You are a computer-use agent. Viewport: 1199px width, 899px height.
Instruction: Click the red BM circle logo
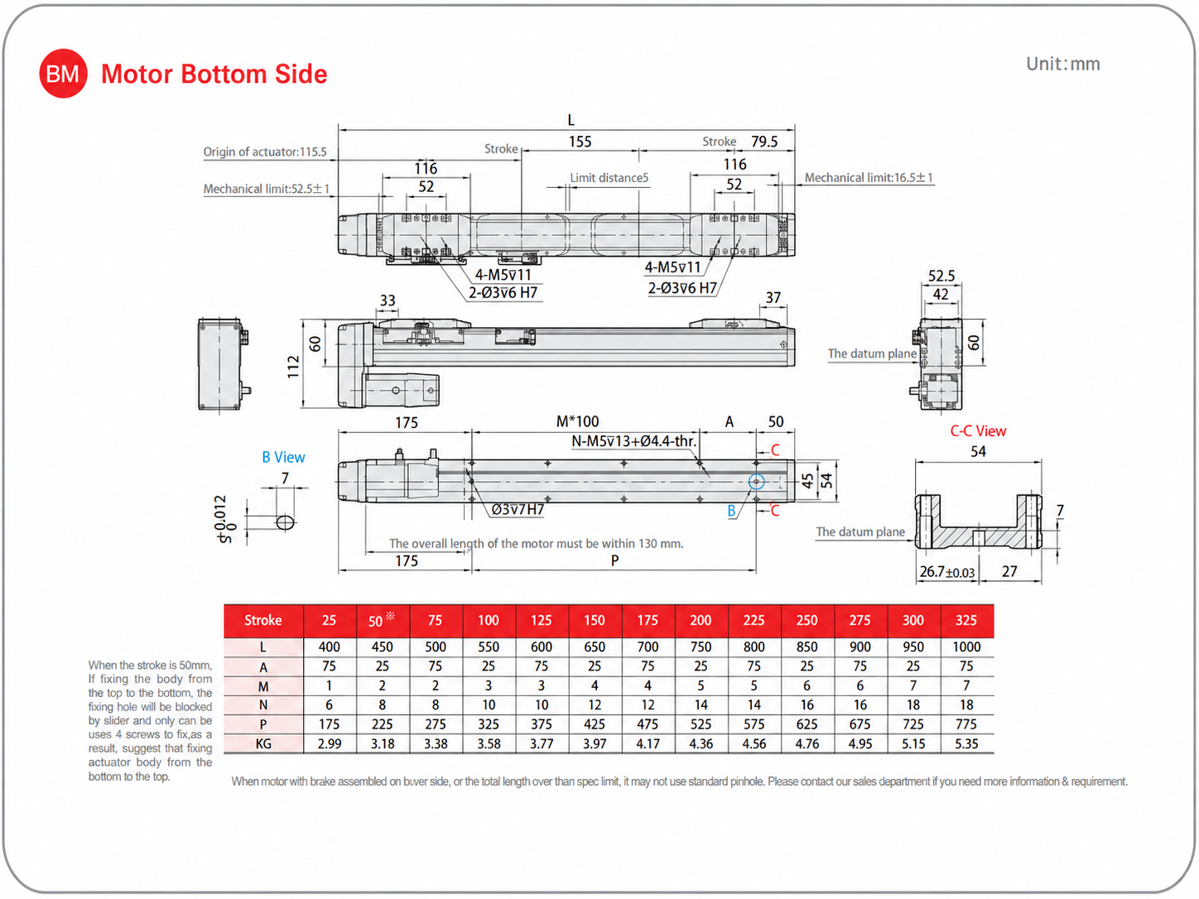click(x=63, y=74)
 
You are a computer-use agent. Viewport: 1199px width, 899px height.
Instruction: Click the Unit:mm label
click(x=1062, y=64)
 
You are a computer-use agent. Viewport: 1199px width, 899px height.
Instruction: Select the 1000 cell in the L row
click(x=966, y=647)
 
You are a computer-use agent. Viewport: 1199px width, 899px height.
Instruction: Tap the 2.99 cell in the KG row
click(x=329, y=743)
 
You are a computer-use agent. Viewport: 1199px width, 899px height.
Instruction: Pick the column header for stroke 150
click(x=595, y=620)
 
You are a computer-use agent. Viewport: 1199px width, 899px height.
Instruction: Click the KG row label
click(x=263, y=743)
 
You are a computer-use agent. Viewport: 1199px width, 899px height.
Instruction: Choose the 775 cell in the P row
click(x=965, y=724)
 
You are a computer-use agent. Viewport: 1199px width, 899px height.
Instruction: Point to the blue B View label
click(x=283, y=457)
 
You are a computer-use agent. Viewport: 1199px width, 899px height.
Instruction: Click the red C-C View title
click(x=978, y=430)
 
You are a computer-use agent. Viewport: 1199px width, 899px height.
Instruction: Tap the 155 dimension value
click(x=580, y=142)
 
